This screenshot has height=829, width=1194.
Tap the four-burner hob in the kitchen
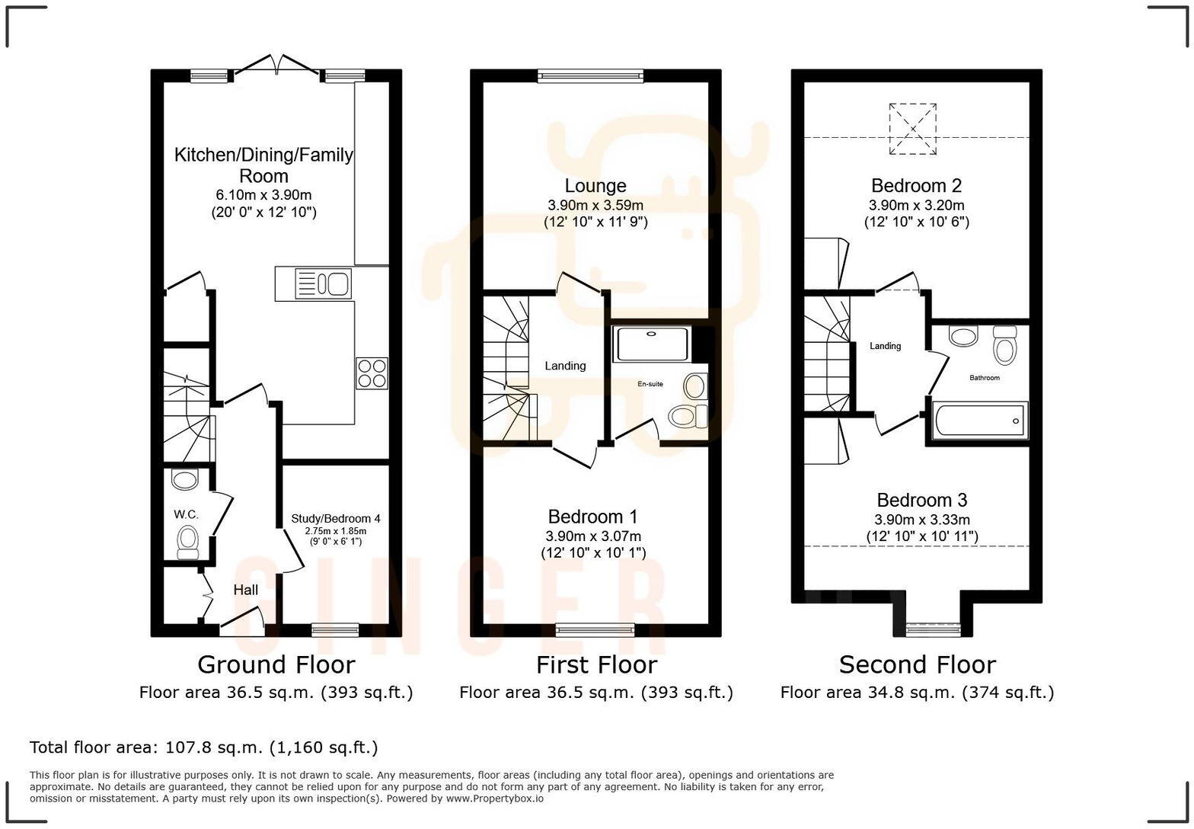[x=372, y=373]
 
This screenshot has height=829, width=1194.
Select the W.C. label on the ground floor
[x=186, y=514]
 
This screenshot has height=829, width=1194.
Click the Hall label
[x=245, y=590]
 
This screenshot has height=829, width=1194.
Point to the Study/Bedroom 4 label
[x=336, y=519]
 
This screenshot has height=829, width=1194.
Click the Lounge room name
[x=595, y=186]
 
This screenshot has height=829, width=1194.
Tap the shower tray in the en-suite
[x=652, y=344]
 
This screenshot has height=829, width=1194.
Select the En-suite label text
[x=650, y=384]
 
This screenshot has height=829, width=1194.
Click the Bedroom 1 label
[x=593, y=517]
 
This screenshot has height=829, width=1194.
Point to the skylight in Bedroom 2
[x=912, y=129]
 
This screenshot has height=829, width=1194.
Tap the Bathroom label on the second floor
[x=984, y=378]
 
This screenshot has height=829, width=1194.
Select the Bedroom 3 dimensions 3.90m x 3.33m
[x=922, y=520]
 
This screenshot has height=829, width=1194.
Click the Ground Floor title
[x=276, y=664]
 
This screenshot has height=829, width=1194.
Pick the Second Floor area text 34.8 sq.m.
[x=917, y=693]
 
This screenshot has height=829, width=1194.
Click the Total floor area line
[x=203, y=747]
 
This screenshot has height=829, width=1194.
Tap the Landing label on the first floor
[x=565, y=366]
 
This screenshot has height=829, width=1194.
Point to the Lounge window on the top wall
[x=590, y=75]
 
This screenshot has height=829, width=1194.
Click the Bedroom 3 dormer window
[x=933, y=629]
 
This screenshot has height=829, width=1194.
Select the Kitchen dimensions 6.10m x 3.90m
[x=263, y=195]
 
